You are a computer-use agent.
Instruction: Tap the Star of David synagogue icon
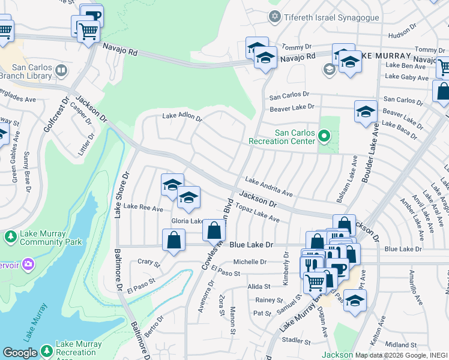[276, 16]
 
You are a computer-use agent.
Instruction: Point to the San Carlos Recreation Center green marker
[324, 137]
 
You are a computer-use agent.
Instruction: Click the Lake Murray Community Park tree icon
[10, 237]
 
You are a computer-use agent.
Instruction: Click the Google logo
[20, 353]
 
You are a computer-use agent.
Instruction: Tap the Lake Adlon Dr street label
[182, 117]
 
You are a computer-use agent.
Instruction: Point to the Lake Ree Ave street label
[143, 208]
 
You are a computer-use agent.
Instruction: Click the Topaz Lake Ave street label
[258, 215]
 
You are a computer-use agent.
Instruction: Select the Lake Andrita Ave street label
[268, 187]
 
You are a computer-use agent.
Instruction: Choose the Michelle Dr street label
[250, 262]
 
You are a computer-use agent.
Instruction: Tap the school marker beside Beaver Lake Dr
[366, 112]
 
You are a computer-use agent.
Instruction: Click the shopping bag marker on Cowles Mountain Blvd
[214, 229]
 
